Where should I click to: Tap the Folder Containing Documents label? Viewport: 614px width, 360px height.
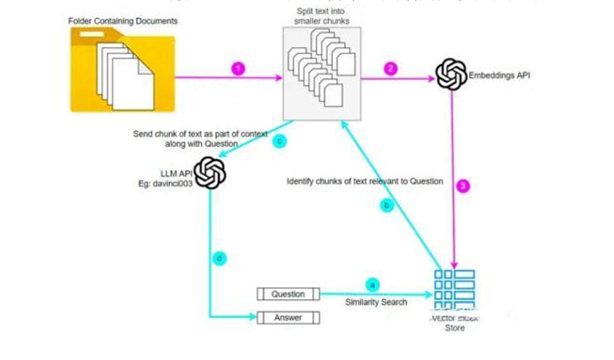[x=122, y=22]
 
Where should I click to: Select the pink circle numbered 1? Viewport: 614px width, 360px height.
[x=239, y=68]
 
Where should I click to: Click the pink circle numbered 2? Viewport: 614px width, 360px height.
[x=390, y=68]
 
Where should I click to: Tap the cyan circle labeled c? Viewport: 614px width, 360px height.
[x=279, y=141]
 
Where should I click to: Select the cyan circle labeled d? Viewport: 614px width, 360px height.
[x=219, y=259]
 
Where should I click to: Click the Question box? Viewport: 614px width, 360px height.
[x=288, y=294]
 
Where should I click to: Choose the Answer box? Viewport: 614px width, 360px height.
[x=288, y=318]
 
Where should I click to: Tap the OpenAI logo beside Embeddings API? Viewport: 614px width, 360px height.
[x=451, y=74]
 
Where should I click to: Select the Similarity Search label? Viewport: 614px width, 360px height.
[x=375, y=303]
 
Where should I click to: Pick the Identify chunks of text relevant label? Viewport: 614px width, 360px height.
[x=365, y=181]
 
